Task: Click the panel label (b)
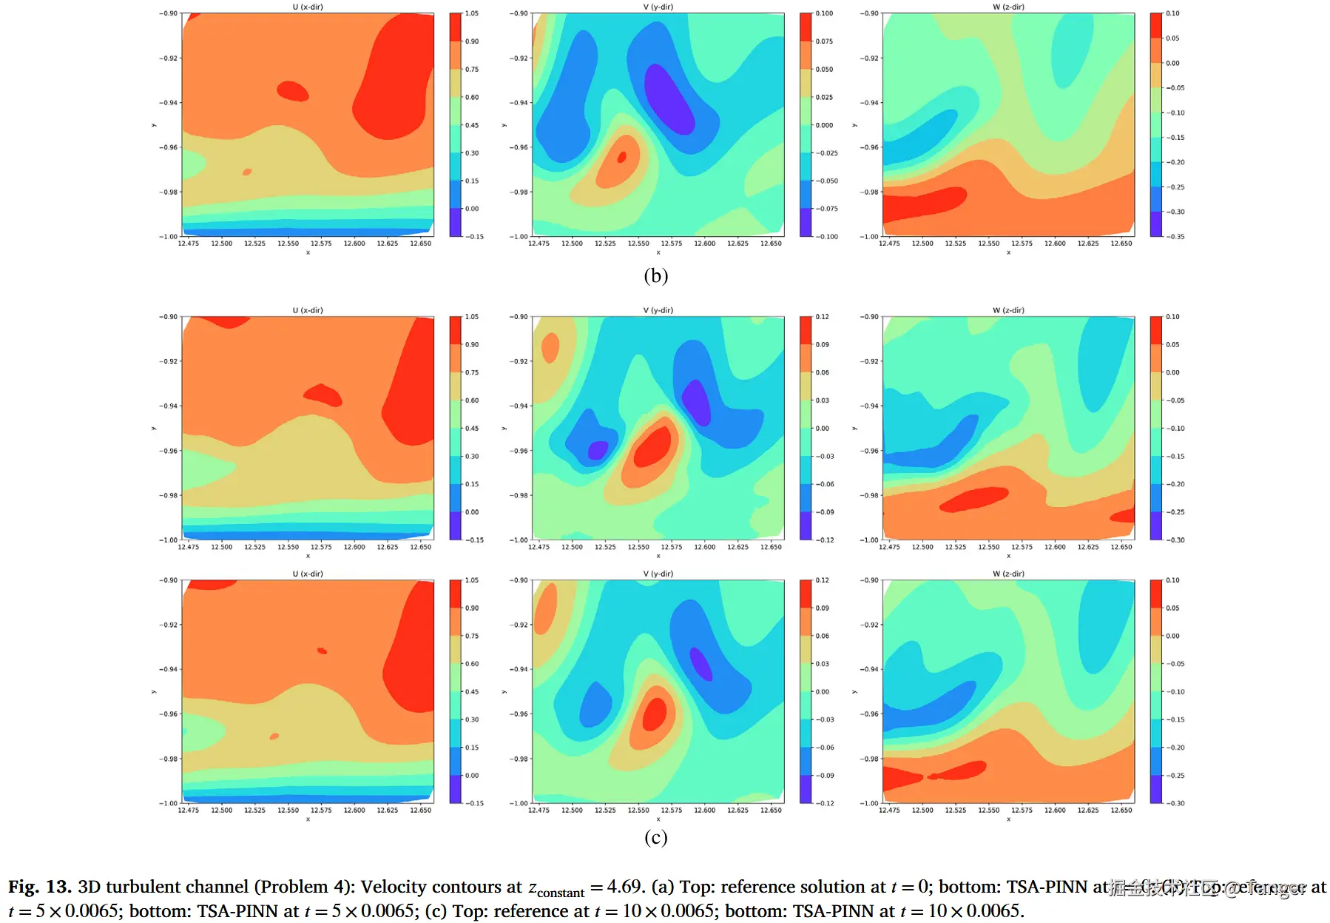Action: click(655, 276)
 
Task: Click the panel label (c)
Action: click(655, 837)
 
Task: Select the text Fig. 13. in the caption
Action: click(40, 887)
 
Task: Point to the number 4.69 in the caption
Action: click(624, 887)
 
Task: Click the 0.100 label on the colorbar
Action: click(824, 13)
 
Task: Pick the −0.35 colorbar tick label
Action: click(1175, 237)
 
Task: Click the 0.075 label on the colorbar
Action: click(824, 41)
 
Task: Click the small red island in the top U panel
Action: click(292, 91)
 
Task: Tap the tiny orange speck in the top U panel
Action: click(247, 172)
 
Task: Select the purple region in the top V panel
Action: click(668, 98)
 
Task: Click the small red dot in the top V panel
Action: click(622, 156)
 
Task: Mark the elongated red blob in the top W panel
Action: click(925, 204)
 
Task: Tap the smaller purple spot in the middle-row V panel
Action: click(598, 449)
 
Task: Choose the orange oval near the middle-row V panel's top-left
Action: click(550, 347)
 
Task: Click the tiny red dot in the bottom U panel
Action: click(322, 651)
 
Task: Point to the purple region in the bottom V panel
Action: click(700, 663)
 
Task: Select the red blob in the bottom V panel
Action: click(655, 714)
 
